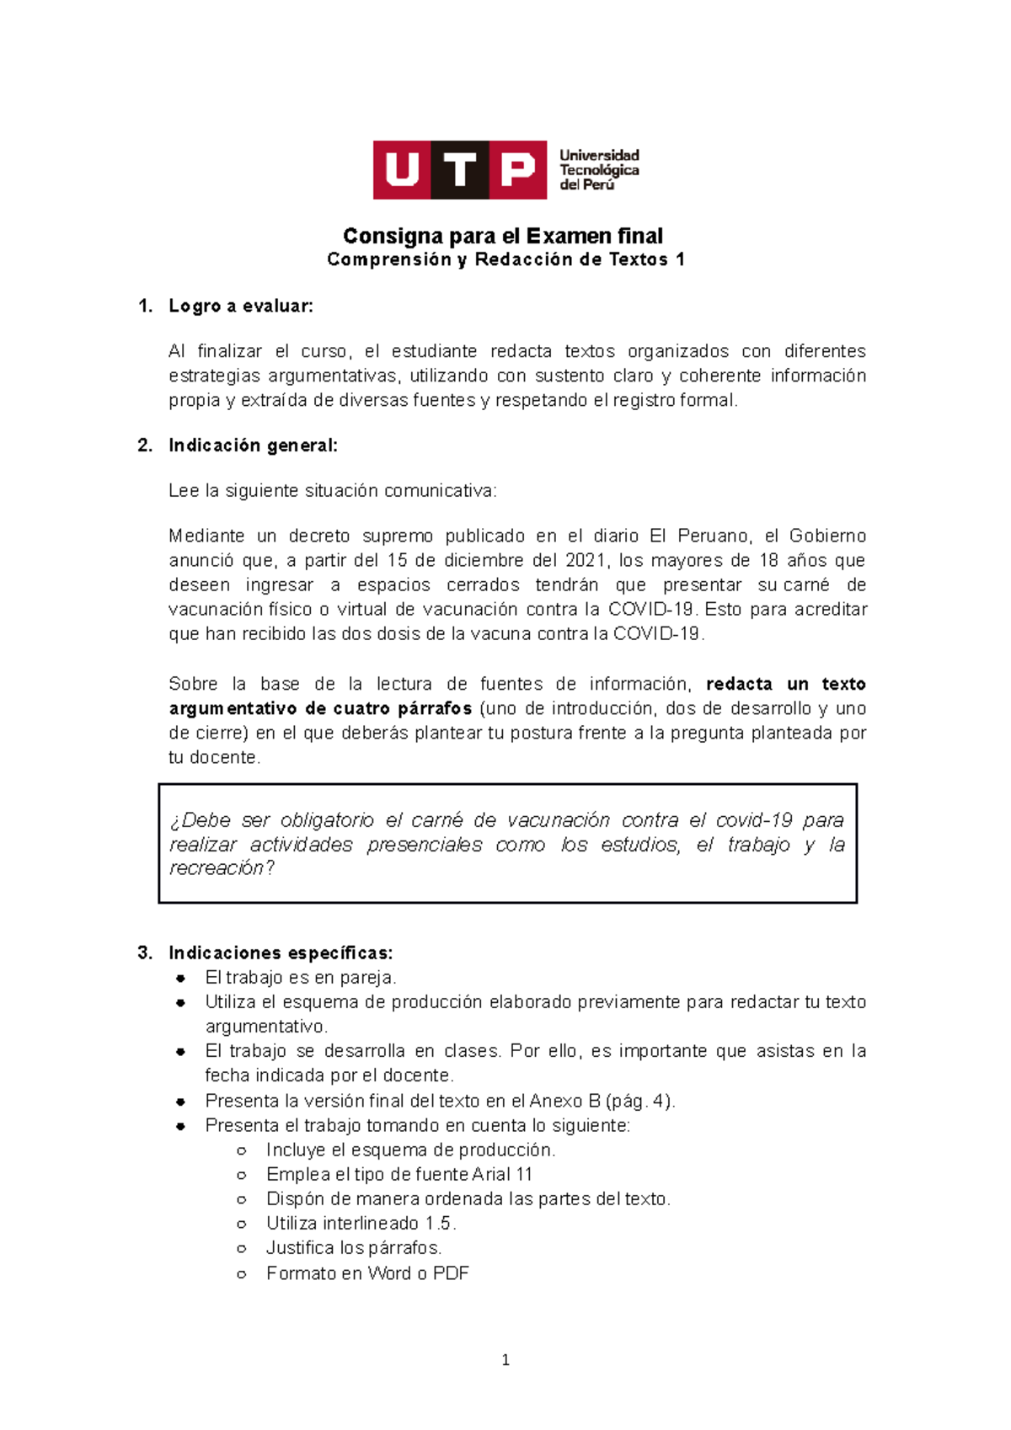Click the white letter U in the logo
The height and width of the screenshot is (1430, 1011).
pos(402,170)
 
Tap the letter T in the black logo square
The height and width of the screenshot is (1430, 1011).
pos(460,170)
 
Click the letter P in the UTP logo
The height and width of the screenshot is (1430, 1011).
pos(517,170)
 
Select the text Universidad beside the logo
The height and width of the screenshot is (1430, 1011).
pos(599,155)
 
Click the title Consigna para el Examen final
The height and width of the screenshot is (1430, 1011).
pos(503,236)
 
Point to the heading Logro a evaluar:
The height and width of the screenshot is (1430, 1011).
pos(241,306)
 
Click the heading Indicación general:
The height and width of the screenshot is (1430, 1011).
pos(253,446)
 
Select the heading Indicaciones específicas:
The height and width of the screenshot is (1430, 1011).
pos(281,952)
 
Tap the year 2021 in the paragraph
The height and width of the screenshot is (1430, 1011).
pos(586,560)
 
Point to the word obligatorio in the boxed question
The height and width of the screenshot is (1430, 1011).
pos(327,820)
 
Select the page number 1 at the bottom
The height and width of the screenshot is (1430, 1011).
pos(505,1359)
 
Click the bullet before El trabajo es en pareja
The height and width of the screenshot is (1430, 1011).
pos(180,978)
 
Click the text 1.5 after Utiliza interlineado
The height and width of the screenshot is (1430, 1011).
pos(440,1223)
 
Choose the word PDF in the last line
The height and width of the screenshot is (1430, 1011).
pos(451,1273)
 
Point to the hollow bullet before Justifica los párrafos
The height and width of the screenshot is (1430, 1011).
pos(242,1248)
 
